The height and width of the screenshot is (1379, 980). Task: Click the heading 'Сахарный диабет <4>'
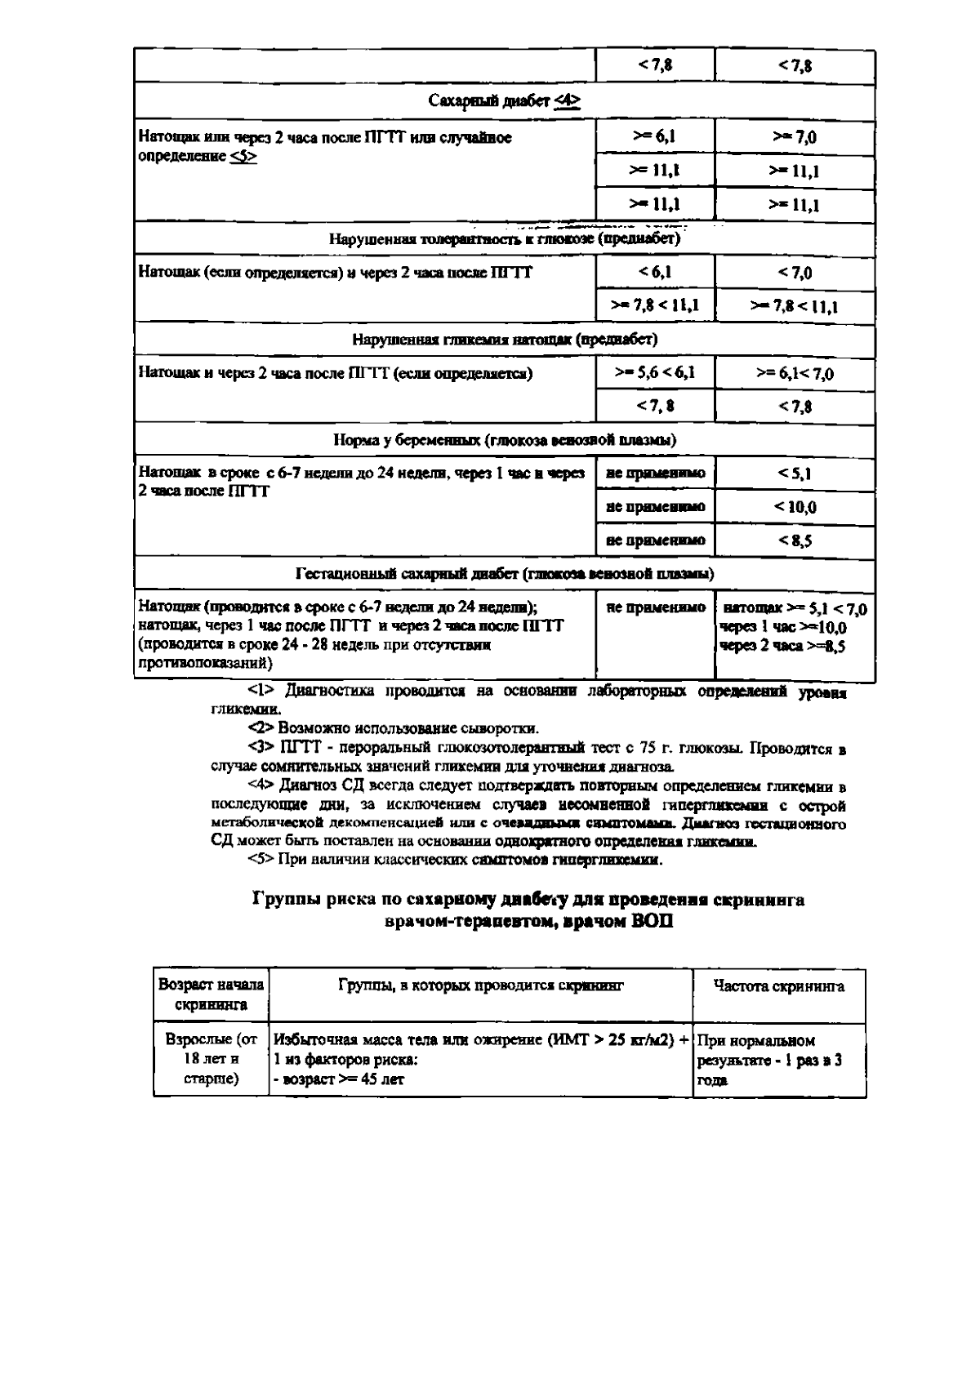504,100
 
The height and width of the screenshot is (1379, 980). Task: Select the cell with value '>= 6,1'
654,136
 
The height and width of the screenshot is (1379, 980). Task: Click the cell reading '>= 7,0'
794,137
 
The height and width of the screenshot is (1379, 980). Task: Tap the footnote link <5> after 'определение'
243,156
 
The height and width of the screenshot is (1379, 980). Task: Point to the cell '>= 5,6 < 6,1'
654,373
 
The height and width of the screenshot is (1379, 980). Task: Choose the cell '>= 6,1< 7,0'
794,374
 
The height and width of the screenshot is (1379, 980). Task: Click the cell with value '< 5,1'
794,474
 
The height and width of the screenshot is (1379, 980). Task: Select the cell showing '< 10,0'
794,507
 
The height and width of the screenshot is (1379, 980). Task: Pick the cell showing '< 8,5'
794,540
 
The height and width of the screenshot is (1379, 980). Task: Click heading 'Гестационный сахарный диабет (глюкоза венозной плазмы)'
504,574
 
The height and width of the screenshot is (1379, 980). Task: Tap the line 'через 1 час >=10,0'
783,628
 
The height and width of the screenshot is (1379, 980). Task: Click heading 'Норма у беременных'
504,440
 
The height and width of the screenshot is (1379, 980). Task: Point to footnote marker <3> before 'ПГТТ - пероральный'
261,749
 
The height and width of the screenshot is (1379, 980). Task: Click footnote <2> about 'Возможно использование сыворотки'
261,727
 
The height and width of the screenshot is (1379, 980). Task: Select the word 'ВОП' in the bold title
651,922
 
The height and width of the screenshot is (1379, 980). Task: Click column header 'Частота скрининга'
778,986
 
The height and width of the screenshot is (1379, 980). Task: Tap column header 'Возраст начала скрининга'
211,994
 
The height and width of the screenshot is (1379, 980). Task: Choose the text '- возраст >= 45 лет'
339,1079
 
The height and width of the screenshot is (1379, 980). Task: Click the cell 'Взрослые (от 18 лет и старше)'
211,1060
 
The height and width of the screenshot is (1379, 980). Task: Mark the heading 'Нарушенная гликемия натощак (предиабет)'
504,339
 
